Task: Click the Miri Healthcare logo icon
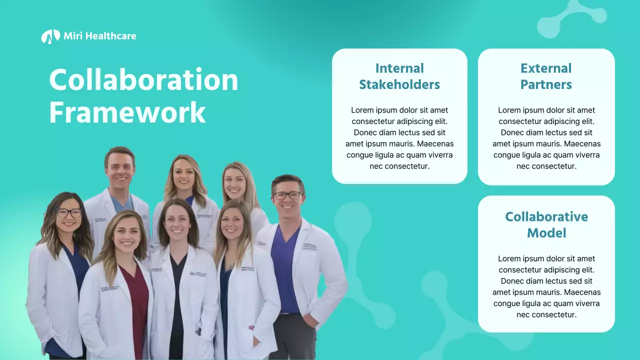click(x=50, y=36)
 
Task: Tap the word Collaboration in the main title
click(x=143, y=80)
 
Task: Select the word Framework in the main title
click(x=127, y=113)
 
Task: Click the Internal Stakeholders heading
click(x=399, y=76)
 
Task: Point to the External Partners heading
click(x=546, y=76)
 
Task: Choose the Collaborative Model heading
click(x=546, y=224)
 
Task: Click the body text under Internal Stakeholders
click(x=399, y=138)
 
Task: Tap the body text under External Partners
click(x=546, y=138)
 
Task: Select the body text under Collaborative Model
click(x=546, y=286)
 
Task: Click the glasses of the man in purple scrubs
click(x=288, y=195)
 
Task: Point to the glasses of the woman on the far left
click(x=69, y=213)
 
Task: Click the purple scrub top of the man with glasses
click(x=285, y=270)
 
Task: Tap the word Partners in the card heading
click(x=546, y=84)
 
